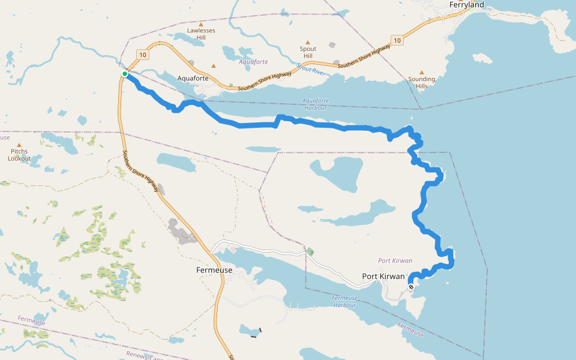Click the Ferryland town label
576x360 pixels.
click(466, 5)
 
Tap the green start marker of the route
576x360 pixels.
click(125, 74)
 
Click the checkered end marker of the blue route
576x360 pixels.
click(411, 287)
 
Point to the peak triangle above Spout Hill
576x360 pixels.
click(308, 43)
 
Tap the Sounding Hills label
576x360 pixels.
click(421, 82)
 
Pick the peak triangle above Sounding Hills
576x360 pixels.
click(421, 72)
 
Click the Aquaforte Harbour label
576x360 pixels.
click(315, 104)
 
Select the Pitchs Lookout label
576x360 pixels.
click(19, 155)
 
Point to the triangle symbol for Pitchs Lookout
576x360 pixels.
click(19, 145)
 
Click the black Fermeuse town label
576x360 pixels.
click(214, 270)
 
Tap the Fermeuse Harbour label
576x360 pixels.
click(344, 301)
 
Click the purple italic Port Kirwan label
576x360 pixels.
click(395, 260)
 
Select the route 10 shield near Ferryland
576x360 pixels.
click(397, 40)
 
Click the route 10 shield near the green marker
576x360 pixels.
click(140, 54)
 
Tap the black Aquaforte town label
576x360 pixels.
click(193, 78)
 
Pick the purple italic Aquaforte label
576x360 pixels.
click(253, 62)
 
